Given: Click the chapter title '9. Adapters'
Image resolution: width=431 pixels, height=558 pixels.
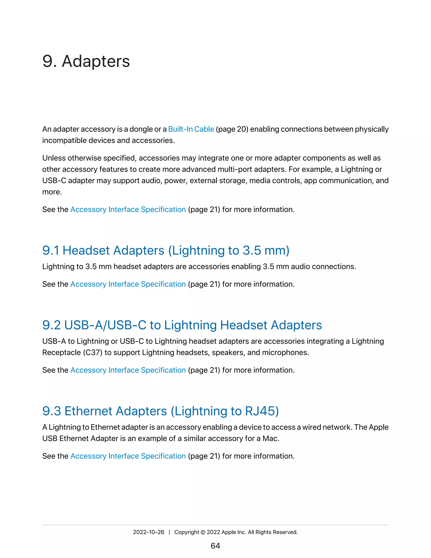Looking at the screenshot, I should pos(86,61).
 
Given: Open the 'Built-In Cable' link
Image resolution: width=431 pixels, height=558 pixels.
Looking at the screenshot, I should pos(191,129).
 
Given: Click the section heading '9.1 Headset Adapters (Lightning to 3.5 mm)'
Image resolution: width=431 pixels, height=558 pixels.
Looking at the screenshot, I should pos(166,250).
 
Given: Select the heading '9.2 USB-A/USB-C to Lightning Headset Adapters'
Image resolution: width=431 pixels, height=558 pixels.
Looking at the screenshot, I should pos(182,325).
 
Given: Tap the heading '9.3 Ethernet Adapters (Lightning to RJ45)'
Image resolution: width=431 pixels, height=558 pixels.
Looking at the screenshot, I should pos(161,411).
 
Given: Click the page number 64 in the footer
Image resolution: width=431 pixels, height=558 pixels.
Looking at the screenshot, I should pos(215,546).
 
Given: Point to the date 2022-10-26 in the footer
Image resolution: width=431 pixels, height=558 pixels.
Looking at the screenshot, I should pos(149,532).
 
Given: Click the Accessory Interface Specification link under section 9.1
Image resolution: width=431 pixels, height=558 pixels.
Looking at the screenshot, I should pos(128,284).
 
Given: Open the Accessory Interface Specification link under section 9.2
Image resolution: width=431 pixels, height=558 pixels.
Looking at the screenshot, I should pos(128,370).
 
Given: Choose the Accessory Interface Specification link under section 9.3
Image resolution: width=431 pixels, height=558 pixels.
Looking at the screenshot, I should pos(128,456).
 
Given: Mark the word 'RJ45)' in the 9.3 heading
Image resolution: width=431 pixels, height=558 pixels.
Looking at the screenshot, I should pos(262,411).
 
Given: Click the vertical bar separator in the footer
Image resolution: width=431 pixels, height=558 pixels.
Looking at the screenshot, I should pos(169,532).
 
